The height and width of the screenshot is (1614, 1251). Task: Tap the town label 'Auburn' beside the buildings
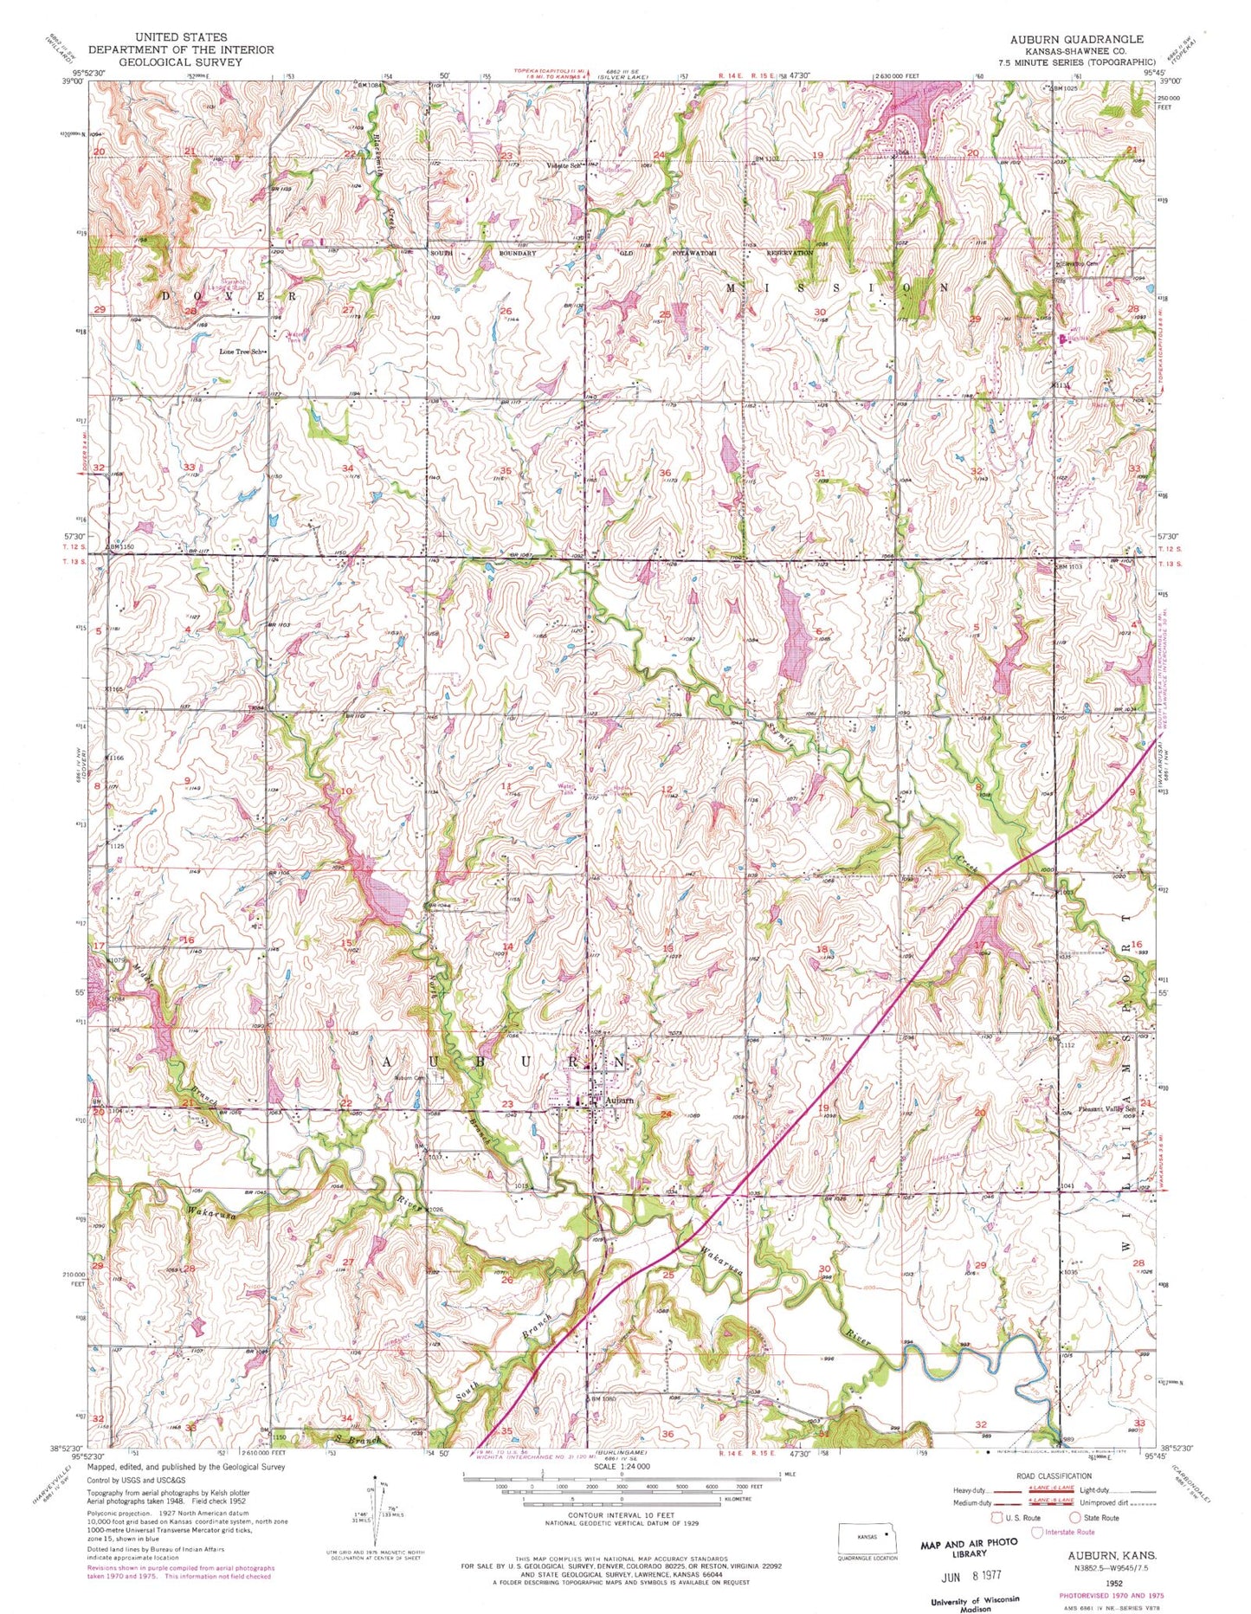pyautogui.click(x=618, y=1100)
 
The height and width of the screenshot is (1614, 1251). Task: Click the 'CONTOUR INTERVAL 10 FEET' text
pyautogui.click(x=621, y=1514)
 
